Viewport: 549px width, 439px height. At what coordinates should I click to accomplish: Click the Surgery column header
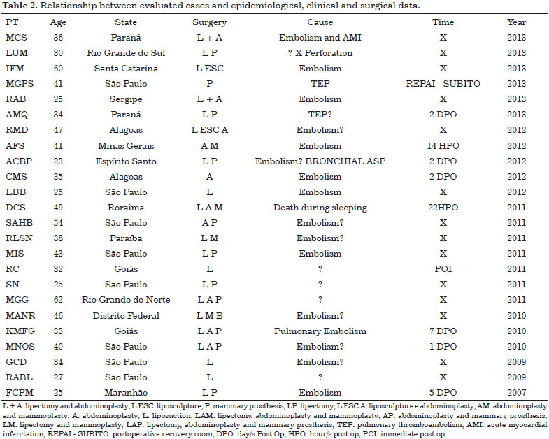click(209, 22)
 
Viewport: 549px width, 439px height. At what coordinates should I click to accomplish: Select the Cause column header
click(320, 22)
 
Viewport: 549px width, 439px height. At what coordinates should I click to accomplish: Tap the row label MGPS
click(20, 84)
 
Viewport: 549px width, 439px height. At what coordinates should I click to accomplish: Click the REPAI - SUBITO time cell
click(443, 84)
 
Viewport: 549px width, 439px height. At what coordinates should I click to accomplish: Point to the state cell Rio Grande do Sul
click(126, 53)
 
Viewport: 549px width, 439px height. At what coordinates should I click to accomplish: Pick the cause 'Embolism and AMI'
click(320, 38)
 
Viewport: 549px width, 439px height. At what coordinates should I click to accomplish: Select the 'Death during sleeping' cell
click(320, 208)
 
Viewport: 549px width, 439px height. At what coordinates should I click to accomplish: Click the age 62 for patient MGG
click(58, 300)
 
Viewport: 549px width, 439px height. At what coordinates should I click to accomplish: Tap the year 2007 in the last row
click(516, 392)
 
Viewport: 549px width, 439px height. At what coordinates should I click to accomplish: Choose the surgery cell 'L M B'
click(209, 315)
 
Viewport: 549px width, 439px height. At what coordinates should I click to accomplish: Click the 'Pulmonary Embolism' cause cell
click(320, 331)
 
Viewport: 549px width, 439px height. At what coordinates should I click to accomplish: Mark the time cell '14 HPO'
click(443, 145)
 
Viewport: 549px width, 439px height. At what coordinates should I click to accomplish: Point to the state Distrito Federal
click(126, 315)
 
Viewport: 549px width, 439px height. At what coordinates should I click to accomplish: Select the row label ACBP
click(19, 161)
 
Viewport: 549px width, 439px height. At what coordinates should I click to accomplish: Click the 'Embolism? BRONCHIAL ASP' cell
click(320, 161)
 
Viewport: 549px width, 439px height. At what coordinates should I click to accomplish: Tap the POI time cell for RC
click(443, 269)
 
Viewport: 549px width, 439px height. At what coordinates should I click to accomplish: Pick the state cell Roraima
click(126, 207)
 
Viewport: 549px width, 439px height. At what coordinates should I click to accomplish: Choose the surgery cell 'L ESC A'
click(209, 130)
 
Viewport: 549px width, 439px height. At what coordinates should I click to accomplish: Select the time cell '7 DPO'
click(443, 331)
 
